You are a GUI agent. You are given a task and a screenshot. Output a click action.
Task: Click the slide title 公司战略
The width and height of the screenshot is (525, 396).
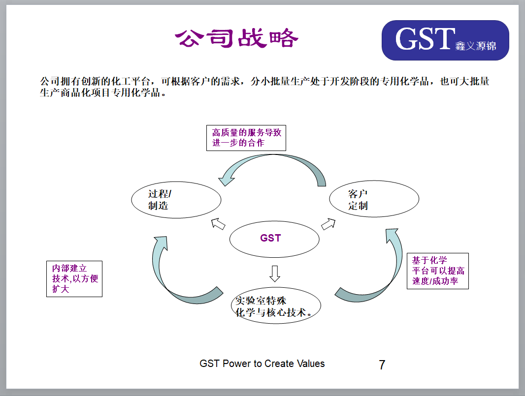236,38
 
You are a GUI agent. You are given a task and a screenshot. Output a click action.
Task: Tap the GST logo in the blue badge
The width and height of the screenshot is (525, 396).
445,40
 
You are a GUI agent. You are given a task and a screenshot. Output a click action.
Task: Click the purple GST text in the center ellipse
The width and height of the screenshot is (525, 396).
270,238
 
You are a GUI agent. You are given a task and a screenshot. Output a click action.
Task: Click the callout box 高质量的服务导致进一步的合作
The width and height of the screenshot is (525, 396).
246,138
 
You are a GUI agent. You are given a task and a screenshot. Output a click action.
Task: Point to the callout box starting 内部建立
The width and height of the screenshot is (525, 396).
74,278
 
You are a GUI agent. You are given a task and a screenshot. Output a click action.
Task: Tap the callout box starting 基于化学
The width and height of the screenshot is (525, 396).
438,271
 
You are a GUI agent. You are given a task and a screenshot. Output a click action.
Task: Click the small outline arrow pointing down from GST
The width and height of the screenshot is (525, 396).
275,274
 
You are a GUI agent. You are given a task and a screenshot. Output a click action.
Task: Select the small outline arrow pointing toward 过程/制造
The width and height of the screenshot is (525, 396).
218,224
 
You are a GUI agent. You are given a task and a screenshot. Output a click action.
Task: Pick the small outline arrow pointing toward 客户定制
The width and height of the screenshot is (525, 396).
328,224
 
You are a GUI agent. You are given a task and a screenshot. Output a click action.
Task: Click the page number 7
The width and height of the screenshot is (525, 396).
382,365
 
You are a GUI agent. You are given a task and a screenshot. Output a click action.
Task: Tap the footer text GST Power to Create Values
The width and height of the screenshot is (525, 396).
262,364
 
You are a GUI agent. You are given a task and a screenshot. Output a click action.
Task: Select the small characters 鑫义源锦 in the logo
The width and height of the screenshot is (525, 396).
475,46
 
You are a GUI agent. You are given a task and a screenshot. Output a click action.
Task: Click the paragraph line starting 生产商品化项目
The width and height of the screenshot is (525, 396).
103,92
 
